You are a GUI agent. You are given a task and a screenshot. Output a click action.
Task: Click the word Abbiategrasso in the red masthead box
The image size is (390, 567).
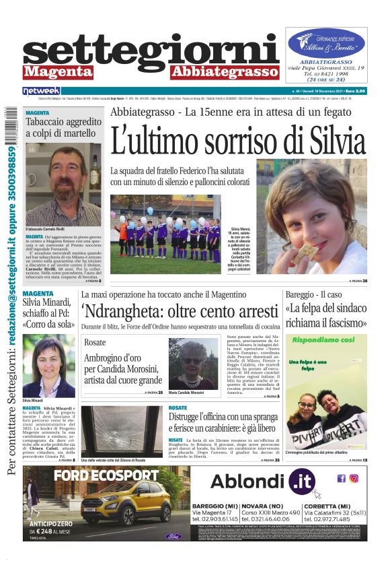(225, 71)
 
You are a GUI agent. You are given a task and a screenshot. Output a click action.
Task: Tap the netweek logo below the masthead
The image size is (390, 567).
(41, 90)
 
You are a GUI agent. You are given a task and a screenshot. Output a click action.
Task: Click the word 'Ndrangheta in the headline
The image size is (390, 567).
(128, 310)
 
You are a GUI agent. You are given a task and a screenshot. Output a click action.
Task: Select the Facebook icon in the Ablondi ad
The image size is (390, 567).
(342, 479)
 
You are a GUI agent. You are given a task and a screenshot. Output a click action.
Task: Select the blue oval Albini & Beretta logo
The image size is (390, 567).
(326, 42)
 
